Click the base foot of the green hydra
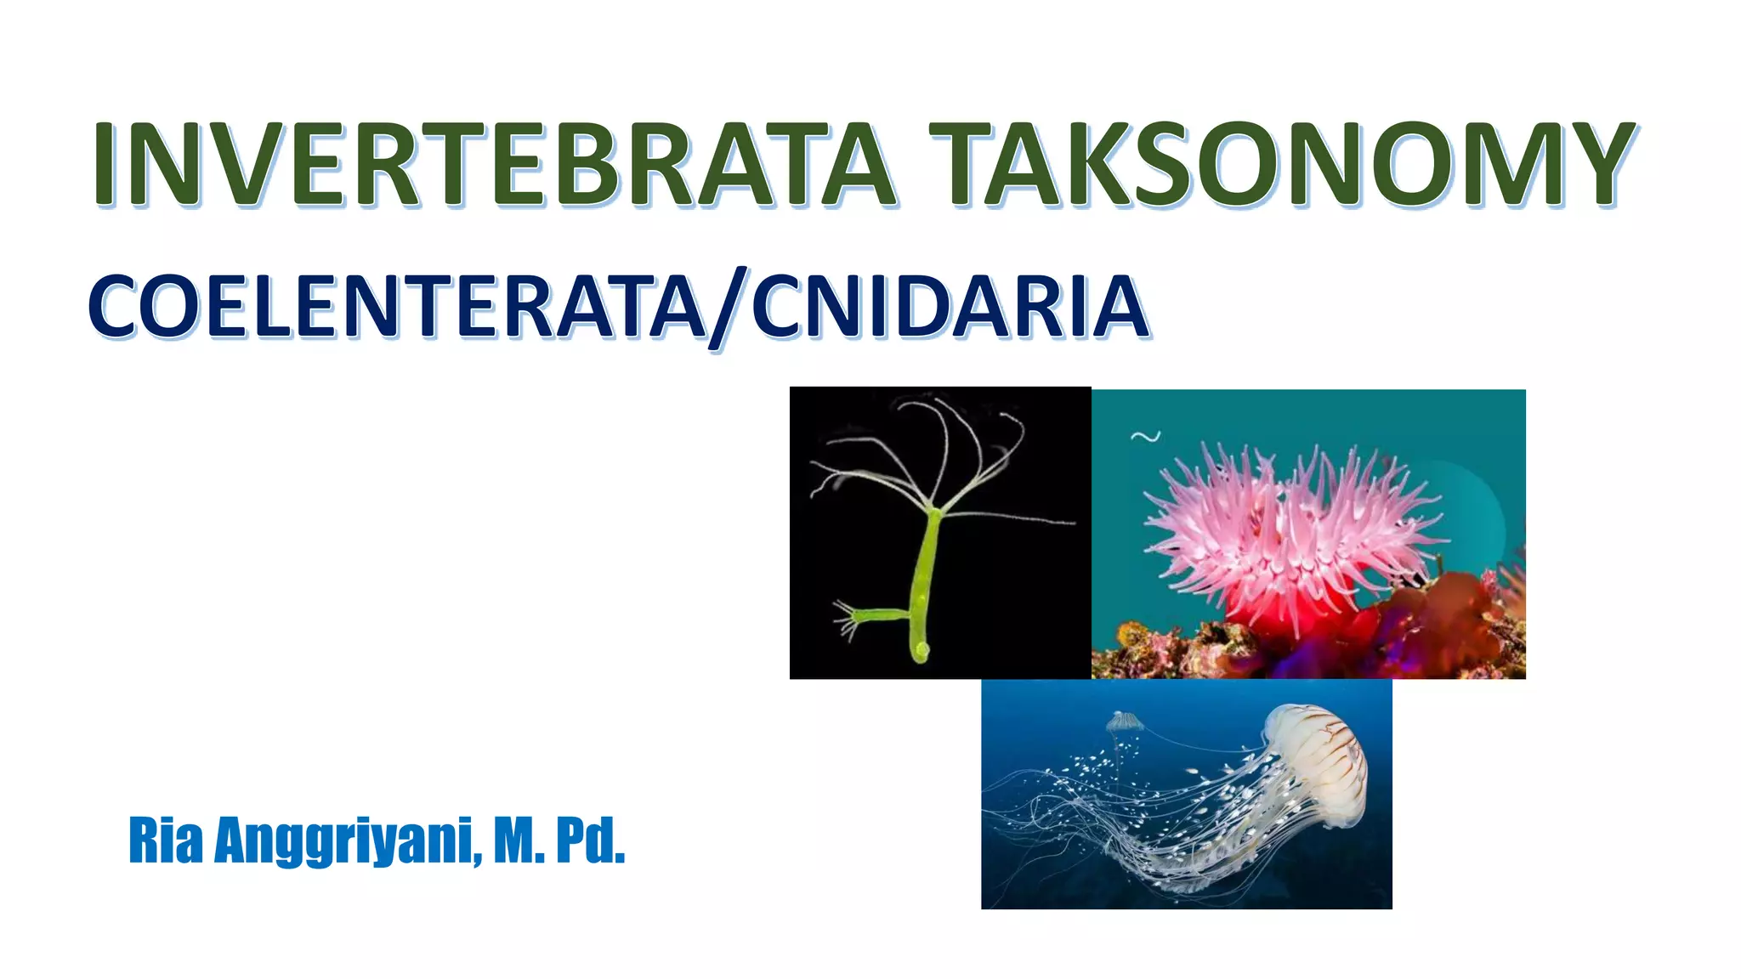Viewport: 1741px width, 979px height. (921, 653)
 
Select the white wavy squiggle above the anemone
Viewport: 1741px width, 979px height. (1145, 437)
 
